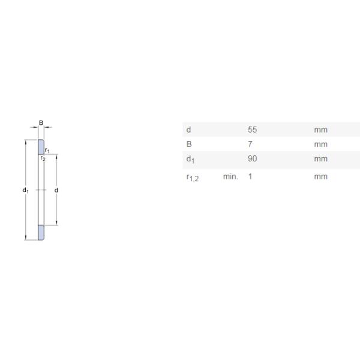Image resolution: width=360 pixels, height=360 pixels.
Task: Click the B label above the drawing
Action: pyautogui.click(x=41, y=122)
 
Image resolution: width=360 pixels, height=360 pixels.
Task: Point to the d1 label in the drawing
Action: pyautogui.click(x=26, y=190)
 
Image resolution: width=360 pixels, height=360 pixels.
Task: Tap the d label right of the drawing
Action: pyautogui.click(x=56, y=190)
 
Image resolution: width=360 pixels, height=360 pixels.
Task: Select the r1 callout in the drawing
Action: pyautogui.click(x=47, y=150)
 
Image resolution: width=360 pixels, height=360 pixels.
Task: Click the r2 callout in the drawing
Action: pyautogui.click(x=43, y=158)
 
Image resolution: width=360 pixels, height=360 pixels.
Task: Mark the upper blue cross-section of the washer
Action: pyautogui.click(x=41, y=146)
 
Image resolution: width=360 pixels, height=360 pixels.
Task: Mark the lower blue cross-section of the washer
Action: pyautogui.click(x=41, y=233)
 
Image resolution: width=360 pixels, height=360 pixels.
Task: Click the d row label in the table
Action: pyautogui.click(x=188, y=130)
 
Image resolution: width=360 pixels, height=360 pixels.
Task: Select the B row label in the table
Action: pyautogui.click(x=189, y=144)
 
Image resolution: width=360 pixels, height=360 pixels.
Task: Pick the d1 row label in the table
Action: pyautogui.click(x=190, y=159)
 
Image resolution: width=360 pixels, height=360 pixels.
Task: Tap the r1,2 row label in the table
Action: pyautogui.click(x=193, y=177)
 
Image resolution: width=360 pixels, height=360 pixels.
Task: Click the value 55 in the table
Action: pyautogui.click(x=252, y=130)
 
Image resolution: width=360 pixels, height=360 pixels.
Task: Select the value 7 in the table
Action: pyautogui.click(x=250, y=144)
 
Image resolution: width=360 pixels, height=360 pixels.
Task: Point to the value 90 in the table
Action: pyautogui.click(x=252, y=158)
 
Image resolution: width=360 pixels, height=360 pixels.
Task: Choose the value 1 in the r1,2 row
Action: pyautogui.click(x=250, y=176)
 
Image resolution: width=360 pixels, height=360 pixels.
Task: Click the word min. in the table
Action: pyautogui.click(x=230, y=176)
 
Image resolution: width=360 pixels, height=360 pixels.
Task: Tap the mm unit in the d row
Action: pyautogui.click(x=320, y=130)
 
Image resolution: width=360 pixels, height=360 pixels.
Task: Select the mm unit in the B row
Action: pyautogui.click(x=320, y=144)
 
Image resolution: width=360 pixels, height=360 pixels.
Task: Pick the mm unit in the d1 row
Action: pyautogui.click(x=320, y=158)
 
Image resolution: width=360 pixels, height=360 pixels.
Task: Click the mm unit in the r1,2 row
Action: pyautogui.click(x=320, y=176)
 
